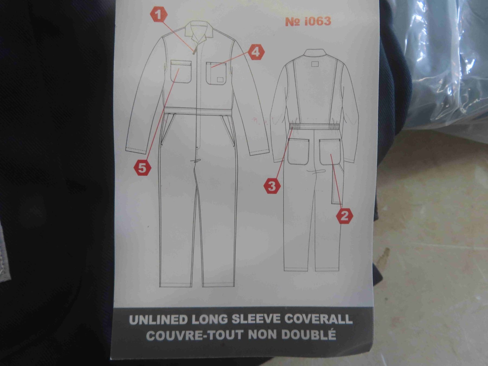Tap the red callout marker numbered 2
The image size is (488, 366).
point(344,216)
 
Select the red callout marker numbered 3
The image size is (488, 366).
point(272,186)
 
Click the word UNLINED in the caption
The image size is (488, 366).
point(158,320)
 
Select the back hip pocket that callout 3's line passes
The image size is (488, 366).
point(298,152)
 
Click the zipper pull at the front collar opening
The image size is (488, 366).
point(194,52)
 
